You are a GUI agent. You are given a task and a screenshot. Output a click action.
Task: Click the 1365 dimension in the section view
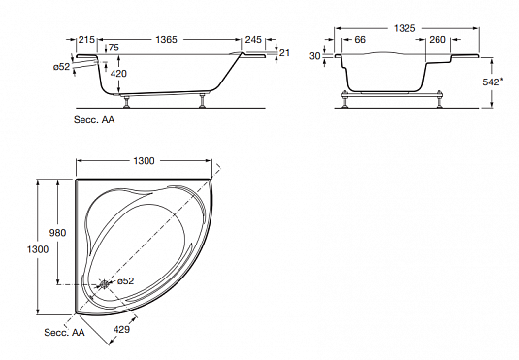tap(166, 40)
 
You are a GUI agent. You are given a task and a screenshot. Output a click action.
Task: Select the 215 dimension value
tap(86, 40)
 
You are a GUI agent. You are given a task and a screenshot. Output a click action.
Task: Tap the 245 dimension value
tap(253, 40)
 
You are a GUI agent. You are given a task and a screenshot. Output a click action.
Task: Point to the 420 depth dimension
tap(118, 73)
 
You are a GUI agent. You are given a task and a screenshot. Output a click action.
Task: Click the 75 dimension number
tap(114, 48)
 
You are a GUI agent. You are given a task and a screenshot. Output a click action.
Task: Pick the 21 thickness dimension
tap(284, 53)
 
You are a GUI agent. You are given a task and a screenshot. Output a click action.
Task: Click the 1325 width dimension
tap(405, 28)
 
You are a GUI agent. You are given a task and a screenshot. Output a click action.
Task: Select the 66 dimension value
tap(360, 40)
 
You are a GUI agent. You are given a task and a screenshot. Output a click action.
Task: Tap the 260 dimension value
tap(438, 40)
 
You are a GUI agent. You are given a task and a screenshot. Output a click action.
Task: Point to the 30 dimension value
tap(314, 56)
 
